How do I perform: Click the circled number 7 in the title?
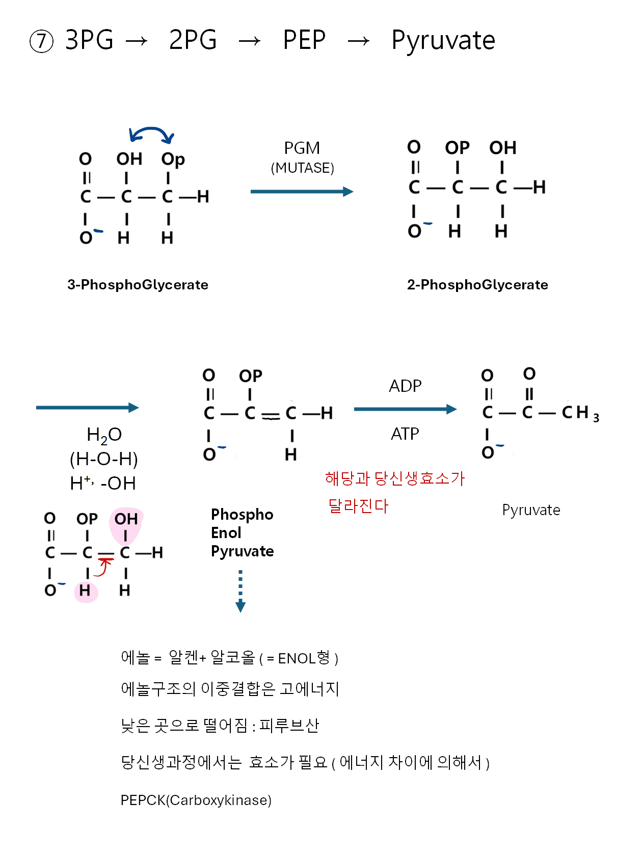pyautogui.click(x=42, y=41)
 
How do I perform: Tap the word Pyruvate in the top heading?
pyautogui.click(x=443, y=41)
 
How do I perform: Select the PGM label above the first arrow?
pyautogui.click(x=302, y=148)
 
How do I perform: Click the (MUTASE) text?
pyautogui.click(x=302, y=168)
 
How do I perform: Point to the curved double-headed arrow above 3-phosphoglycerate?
pyautogui.click(x=151, y=134)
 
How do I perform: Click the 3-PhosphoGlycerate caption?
pyautogui.click(x=138, y=284)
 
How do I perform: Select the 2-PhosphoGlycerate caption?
pyautogui.click(x=477, y=284)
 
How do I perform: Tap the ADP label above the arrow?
pyautogui.click(x=405, y=386)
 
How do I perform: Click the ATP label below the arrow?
pyautogui.click(x=405, y=434)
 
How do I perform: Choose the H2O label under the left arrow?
pyautogui.click(x=104, y=435)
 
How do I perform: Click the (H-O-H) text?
pyautogui.click(x=104, y=459)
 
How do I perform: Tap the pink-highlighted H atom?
pyautogui.click(x=85, y=591)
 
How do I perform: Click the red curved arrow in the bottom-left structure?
pyautogui.click(x=104, y=567)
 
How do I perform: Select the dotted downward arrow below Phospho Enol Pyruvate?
pyautogui.click(x=240, y=591)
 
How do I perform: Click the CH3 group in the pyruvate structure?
pyautogui.click(x=580, y=413)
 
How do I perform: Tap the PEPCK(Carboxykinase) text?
pyautogui.click(x=196, y=800)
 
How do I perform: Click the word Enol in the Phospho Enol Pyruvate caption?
pyautogui.click(x=226, y=533)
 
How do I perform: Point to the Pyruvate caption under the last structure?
pyautogui.click(x=531, y=510)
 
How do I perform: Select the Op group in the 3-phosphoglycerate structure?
pyautogui.click(x=173, y=159)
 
